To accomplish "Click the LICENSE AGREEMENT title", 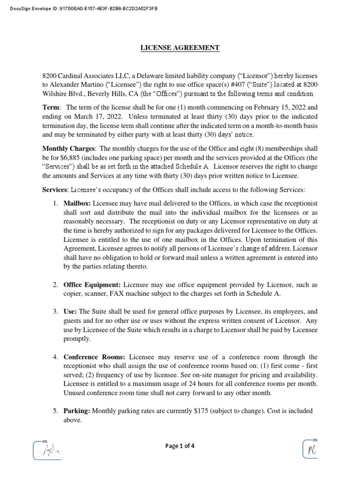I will tap(180, 48).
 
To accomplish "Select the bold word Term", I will tap(51, 107).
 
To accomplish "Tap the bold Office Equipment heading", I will tap(92, 285).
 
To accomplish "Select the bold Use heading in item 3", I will tap(70, 311).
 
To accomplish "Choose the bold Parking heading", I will tap(77, 411).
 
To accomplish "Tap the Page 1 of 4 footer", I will tap(180, 446).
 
